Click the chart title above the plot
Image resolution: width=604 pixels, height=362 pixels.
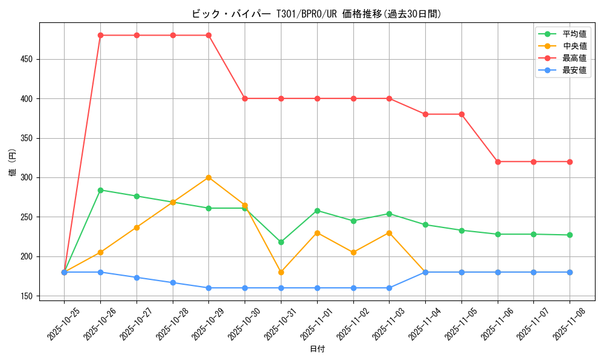(317, 14)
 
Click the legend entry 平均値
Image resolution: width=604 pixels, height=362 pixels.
(574, 34)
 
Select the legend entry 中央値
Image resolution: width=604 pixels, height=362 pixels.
(574, 46)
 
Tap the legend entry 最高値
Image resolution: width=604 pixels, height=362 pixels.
(574, 58)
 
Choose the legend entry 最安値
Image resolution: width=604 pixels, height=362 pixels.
(574, 70)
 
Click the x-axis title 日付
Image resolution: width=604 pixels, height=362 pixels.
(317, 349)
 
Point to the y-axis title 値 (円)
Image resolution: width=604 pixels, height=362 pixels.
(13, 163)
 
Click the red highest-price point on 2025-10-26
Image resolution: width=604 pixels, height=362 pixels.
(100, 35)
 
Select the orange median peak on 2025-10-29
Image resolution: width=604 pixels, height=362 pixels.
(208, 177)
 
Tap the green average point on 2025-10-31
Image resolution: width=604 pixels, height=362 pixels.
(281, 242)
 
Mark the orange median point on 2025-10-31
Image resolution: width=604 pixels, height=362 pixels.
(281, 272)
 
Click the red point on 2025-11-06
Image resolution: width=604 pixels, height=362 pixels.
(498, 162)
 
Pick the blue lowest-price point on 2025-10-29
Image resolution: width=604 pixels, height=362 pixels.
(208, 288)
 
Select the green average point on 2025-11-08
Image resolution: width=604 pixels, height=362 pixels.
(570, 235)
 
